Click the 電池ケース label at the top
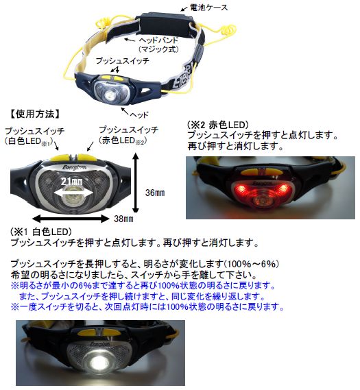[208, 8]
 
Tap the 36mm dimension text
[155, 193]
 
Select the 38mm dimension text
[123, 219]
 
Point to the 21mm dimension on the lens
[71, 182]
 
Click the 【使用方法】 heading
[34, 114]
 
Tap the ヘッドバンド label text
[158, 40]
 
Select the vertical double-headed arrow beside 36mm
[136, 183]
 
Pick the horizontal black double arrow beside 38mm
[71, 219]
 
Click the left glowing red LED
[241, 188]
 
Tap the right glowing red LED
[282, 188]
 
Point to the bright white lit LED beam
[99, 361]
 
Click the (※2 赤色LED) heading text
[217, 125]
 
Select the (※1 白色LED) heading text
[41, 232]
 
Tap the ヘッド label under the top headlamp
[139, 114]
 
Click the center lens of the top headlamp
[110, 95]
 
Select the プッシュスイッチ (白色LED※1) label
[34, 136]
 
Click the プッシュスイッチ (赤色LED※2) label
[128, 135]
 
